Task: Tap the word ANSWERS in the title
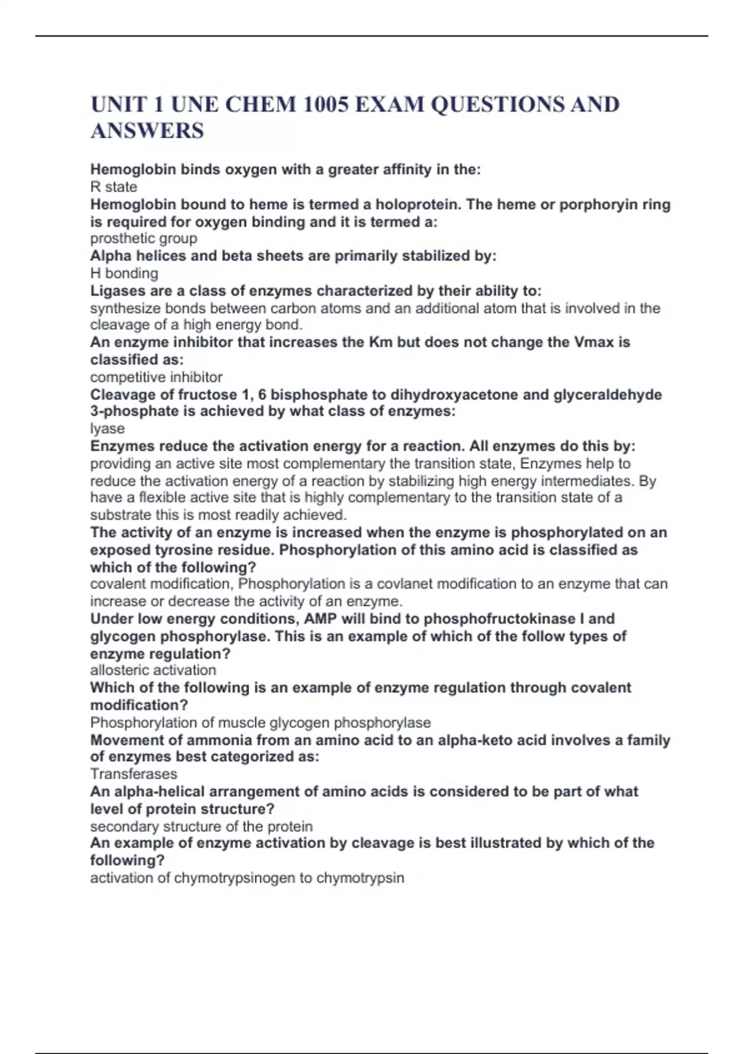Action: click(147, 131)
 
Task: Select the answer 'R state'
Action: click(113, 187)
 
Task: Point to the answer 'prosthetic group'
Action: click(144, 239)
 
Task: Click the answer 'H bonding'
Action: click(124, 273)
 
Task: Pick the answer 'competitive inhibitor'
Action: click(156, 377)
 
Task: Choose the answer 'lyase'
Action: click(107, 428)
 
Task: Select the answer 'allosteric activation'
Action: click(153, 670)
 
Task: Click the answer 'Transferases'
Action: click(133, 774)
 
